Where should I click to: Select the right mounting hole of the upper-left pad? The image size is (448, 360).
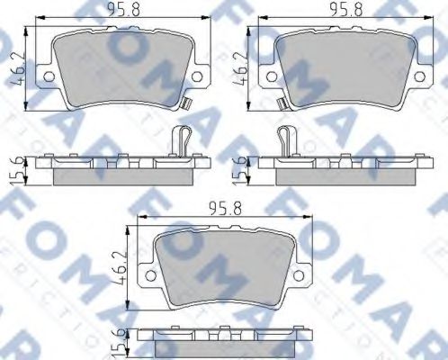(x=202, y=75)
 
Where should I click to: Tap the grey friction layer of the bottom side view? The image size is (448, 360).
(x=228, y=349)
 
